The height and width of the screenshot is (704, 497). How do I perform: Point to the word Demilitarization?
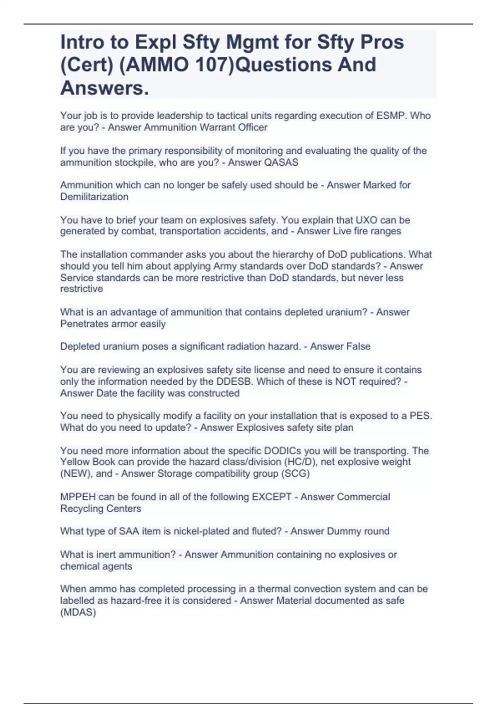coord(94,197)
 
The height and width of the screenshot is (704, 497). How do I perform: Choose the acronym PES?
coord(421,416)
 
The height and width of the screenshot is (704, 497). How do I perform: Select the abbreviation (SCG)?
coord(295,473)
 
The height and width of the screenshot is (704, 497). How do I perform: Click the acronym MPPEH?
coord(78,497)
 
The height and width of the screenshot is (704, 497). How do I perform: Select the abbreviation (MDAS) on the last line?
coord(78,612)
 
